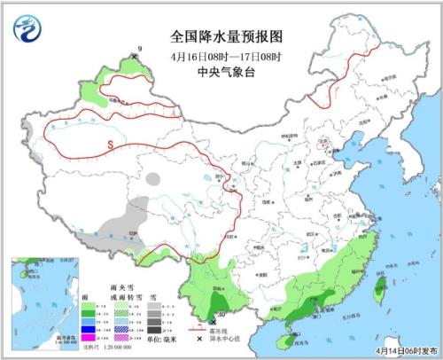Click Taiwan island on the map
(382, 290)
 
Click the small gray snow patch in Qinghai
(154, 178)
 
